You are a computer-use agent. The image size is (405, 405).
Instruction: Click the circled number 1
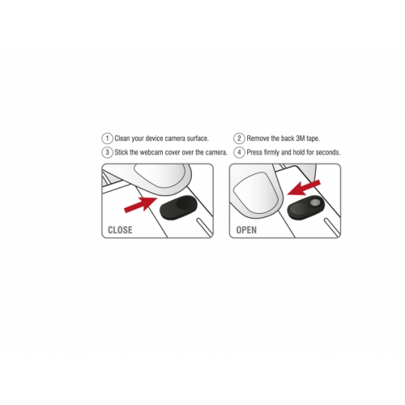[x=107, y=139]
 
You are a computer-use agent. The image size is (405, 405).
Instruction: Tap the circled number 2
[x=239, y=139]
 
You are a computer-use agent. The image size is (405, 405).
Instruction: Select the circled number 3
[x=107, y=152]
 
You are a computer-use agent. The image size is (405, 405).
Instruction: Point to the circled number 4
[x=239, y=152]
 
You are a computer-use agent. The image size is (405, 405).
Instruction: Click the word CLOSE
[x=120, y=230]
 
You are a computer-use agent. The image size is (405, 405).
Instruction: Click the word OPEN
[x=246, y=230]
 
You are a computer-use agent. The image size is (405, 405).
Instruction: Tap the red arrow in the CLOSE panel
[x=140, y=204]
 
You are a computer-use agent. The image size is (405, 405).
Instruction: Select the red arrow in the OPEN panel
[x=304, y=188]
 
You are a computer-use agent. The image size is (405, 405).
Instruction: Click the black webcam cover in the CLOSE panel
[x=178, y=207]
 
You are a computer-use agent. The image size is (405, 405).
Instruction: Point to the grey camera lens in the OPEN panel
[x=314, y=202]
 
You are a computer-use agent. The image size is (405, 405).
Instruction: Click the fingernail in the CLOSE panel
[x=160, y=176]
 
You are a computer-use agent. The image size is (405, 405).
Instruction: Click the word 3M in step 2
[x=301, y=139]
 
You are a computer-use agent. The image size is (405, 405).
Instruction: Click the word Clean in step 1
[x=122, y=139]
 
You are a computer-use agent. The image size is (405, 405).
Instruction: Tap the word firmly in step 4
[x=271, y=152]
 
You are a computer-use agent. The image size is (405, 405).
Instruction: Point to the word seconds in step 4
[x=328, y=152]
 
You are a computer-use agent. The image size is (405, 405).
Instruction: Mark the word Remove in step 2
[x=258, y=139]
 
